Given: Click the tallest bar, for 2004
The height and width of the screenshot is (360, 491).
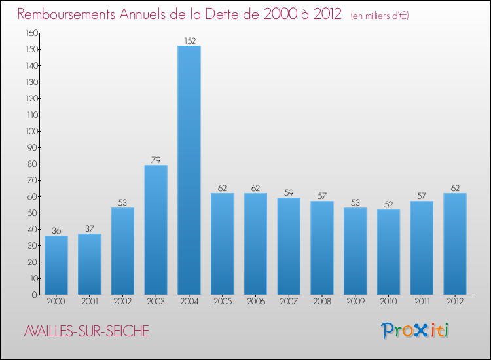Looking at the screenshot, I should point(189,170).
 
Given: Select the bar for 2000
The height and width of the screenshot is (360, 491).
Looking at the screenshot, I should point(56,265).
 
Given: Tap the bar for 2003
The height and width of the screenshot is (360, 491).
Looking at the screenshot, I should point(156,230).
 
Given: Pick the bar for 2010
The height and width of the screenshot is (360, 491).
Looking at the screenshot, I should point(388,252).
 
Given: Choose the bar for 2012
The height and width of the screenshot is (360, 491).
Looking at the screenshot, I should point(454,243).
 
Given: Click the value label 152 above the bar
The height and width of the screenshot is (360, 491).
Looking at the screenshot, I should point(189,41).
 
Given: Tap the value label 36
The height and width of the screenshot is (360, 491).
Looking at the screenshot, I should point(56,231).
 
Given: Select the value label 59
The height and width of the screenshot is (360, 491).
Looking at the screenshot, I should point(289,193).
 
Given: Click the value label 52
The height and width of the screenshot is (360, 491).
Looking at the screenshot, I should point(388,205).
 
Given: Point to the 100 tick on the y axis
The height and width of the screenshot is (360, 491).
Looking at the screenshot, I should point(31,131).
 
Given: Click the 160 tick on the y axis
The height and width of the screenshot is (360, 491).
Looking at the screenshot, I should point(31,33).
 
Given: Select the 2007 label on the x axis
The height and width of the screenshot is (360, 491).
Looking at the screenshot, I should point(289,301).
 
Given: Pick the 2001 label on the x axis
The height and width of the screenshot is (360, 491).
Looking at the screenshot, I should point(89,301).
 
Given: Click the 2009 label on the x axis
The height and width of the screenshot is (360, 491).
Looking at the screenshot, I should point(355,301).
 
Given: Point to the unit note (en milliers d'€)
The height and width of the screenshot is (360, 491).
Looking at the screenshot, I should point(379,16).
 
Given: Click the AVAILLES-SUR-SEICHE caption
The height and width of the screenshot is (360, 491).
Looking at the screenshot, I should point(86,332).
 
